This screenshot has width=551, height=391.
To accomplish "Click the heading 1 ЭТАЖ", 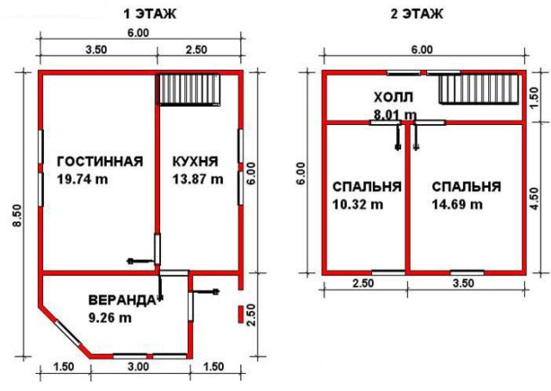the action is pos(150,14).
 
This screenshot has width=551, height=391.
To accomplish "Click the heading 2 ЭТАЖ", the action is pos(417,14).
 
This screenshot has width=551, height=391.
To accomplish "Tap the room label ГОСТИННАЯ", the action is pos(100,161).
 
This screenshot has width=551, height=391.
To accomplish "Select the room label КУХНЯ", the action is pos(195,161).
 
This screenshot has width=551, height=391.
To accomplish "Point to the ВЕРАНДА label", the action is pos(121,301).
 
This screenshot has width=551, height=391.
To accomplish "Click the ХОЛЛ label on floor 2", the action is pos(393,97).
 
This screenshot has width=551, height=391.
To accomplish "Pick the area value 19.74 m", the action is pos(83,179).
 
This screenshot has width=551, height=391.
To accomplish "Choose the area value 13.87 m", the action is pos(198,179).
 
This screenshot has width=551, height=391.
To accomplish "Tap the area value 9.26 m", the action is pos(110,318).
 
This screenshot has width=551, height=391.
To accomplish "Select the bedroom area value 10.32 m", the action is pos(358,204).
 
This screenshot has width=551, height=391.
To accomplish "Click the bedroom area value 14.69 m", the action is pos(457,204).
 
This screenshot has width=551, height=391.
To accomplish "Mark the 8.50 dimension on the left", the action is pos(18,216).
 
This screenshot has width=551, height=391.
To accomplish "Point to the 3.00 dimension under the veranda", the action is pos(138,367).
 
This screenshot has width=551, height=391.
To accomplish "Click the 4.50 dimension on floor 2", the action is pos(534,199).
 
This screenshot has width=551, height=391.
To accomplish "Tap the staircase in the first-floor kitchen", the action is pos(189,90).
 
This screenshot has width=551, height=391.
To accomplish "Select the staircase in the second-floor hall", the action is pos(479,90).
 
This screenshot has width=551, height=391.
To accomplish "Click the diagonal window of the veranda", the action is pos(68,333).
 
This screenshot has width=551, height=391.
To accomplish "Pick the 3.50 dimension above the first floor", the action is pos(96,50).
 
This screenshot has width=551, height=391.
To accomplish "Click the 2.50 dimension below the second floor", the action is pos(363,283).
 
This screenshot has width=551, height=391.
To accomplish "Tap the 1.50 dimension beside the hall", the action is pos(534,98).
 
